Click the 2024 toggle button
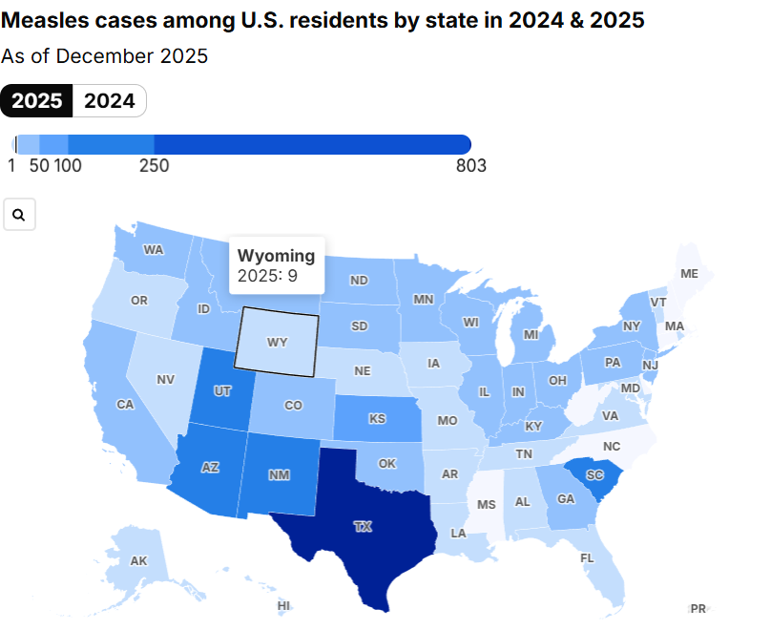[110, 101]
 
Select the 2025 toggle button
[37, 101]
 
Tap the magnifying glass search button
[20, 215]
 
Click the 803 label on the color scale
[470, 166]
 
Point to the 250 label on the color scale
[155, 166]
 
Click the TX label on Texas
[363, 526]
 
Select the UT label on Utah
[222, 391]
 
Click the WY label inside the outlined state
[277, 342]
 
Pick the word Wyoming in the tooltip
[276, 256]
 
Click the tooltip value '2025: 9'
[268, 277]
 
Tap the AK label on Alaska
[138, 561]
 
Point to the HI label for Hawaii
[283, 605]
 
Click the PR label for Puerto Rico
[698, 608]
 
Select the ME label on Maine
[689, 274]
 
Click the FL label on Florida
[587, 558]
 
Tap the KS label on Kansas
[378, 419]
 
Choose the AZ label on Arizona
[209, 468]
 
